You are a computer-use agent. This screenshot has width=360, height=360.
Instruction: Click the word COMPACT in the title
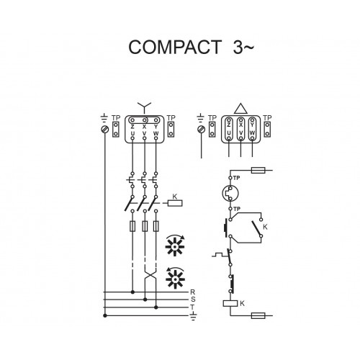pyautogui.click(x=175, y=47)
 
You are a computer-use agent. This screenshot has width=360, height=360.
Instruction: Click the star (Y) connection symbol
pyautogui.click(x=144, y=107)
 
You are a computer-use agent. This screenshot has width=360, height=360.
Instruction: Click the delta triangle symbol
pyautogui.click(x=240, y=109)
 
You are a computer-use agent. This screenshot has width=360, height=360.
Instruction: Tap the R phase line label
pyautogui.click(x=193, y=292)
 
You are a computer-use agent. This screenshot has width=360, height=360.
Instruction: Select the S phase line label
pyautogui.click(x=193, y=300)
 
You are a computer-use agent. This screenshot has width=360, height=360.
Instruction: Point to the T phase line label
pyautogui.click(x=192, y=307)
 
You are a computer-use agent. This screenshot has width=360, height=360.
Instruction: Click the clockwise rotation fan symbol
pyautogui.click(x=176, y=246)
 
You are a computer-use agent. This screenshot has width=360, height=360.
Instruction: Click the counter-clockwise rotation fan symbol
pyautogui.click(x=176, y=278)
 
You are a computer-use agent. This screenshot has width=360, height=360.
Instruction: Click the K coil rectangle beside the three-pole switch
pyautogui.click(x=175, y=203)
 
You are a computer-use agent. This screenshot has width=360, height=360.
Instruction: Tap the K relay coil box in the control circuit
pyautogui.click(x=230, y=303)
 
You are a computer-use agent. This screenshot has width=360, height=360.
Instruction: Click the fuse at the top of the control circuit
pyautogui.click(x=258, y=171)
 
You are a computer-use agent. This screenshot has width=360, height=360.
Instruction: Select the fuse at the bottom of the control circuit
pyautogui.click(x=258, y=315)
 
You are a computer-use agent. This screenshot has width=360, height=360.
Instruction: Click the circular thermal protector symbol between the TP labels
pyautogui.click(x=230, y=193)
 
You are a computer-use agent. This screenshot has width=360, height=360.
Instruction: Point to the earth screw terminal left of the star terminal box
pyautogui.click(x=105, y=130)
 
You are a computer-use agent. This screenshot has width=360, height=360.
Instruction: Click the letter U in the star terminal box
pyautogui.click(x=132, y=133)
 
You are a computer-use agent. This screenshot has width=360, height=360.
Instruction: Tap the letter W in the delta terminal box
pyautogui.click(x=252, y=132)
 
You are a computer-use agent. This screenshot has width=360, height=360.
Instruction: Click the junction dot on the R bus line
pyautogui.click(x=132, y=292)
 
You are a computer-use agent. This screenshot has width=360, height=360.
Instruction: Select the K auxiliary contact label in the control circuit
pyautogui.click(x=265, y=227)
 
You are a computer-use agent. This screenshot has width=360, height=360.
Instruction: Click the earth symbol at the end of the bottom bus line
pyautogui.click(x=194, y=317)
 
